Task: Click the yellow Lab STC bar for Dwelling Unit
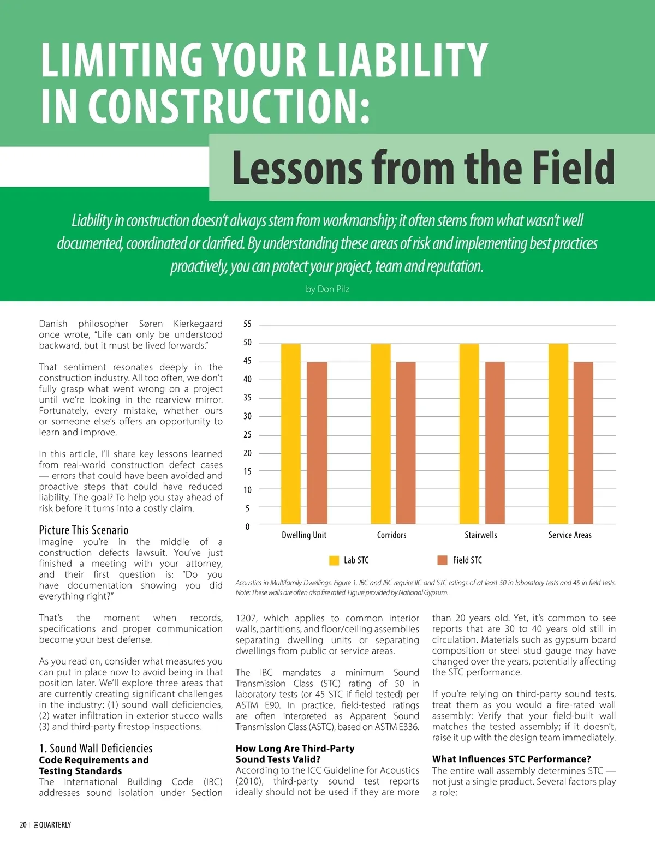pos(290,434)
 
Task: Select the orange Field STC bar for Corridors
pos(406,442)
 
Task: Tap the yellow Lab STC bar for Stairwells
pos(469,434)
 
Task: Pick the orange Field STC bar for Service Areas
pos(583,442)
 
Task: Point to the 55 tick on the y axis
pos(247,324)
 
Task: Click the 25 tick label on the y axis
pos(247,435)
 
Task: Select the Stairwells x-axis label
pos(481,535)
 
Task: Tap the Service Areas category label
pos(570,535)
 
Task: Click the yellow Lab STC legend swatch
pos(334,560)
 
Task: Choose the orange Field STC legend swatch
pos(442,560)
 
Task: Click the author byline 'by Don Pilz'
pos(327,289)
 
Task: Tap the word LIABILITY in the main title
pos(403,59)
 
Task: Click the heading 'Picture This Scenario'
pos(84,530)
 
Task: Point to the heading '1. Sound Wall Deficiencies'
pos(96,748)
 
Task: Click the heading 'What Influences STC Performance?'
pos(511,759)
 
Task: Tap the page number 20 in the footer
pos(23,825)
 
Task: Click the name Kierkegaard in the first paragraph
pos(198,324)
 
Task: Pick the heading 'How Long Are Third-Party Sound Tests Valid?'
pos(295,753)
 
